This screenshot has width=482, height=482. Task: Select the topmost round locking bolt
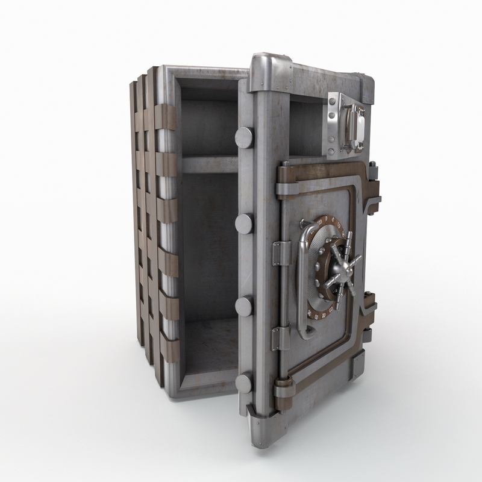pos(244,137)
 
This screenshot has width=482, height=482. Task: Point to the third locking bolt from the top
pos(243,305)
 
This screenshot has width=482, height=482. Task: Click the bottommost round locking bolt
pos(244,383)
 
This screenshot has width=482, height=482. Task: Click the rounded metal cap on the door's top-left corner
pos(265,65)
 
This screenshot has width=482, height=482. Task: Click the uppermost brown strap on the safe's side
pos(166,116)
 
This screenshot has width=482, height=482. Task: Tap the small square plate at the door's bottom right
pos(358,365)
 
